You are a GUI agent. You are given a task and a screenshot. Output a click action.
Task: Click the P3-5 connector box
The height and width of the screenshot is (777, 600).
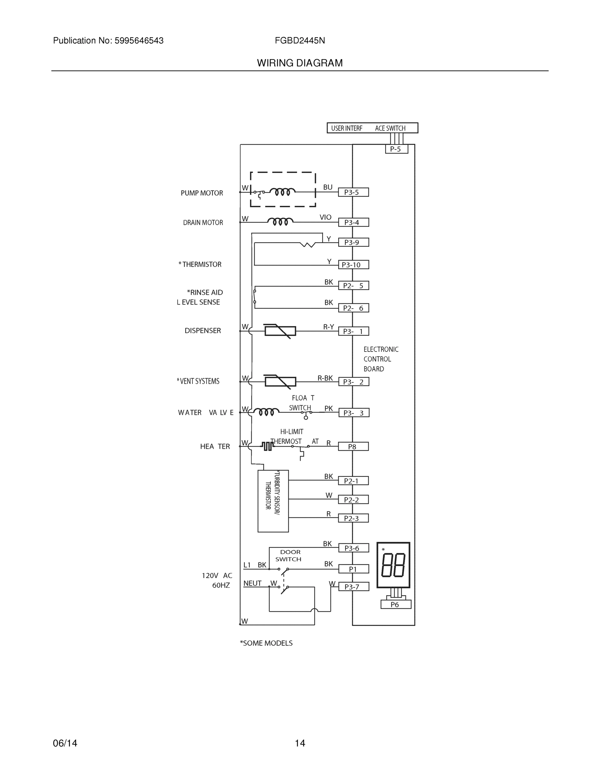pyautogui.click(x=353, y=192)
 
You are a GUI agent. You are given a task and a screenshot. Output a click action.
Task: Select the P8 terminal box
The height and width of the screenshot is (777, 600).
pyautogui.click(x=353, y=446)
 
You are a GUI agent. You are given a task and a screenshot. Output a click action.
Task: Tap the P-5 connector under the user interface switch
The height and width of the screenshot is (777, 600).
pyautogui.click(x=396, y=149)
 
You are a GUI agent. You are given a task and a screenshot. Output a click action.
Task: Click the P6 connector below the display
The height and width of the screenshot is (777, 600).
pyautogui.click(x=396, y=604)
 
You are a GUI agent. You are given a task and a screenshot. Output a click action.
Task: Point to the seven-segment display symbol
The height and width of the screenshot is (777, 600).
pyautogui.click(x=393, y=565)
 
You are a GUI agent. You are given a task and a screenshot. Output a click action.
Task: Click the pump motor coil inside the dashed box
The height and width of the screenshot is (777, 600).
pyautogui.click(x=282, y=192)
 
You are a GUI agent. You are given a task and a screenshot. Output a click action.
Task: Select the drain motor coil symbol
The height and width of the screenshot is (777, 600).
pyautogui.click(x=280, y=222)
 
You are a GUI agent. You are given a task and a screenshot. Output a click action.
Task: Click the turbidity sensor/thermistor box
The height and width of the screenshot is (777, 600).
pyautogui.click(x=273, y=501)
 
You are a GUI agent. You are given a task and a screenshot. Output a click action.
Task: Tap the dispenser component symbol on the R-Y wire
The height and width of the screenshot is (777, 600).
pyautogui.click(x=280, y=331)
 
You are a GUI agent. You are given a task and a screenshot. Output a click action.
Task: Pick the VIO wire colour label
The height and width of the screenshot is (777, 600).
pyautogui.click(x=325, y=217)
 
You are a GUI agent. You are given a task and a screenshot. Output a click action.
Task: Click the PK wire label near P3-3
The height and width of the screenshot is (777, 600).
pyautogui.click(x=328, y=409)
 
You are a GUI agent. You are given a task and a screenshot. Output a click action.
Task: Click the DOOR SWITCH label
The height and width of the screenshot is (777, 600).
pyautogui.click(x=290, y=555)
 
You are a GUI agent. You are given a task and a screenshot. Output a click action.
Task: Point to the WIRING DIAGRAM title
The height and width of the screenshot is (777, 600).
pyautogui.click(x=300, y=63)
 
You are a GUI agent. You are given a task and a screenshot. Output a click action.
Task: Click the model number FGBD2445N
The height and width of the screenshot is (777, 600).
pyautogui.click(x=300, y=40)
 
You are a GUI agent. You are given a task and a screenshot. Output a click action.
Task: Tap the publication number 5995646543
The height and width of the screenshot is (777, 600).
pyautogui.click(x=139, y=40)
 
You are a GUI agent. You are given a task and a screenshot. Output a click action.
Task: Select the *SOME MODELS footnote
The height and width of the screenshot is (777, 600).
pyautogui.click(x=266, y=643)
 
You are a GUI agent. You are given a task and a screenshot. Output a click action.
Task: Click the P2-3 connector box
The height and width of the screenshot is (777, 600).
pyautogui.click(x=353, y=518)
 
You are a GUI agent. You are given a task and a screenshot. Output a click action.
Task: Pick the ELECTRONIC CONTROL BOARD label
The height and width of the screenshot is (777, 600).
pyautogui.click(x=380, y=359)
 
